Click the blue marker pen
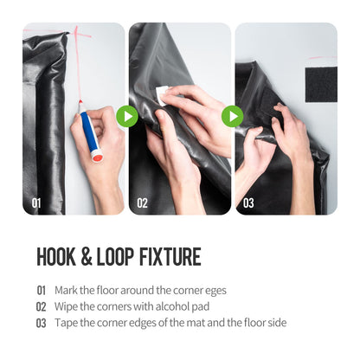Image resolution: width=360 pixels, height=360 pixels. tap(89, 132)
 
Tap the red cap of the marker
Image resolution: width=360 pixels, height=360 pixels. tap(97, 157)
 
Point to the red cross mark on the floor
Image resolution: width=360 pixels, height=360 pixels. tap(77, 36)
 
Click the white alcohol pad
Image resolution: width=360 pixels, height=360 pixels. tap(162, 95)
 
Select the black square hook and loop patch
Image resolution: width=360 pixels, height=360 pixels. tap(321, 84)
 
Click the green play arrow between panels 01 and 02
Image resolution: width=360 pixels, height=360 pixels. tap(127, 116)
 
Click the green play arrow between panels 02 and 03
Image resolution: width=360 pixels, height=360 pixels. tap(233, 116)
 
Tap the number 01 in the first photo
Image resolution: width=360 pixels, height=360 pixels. tap(36, 203)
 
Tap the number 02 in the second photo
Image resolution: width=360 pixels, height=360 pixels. tap(142, 203)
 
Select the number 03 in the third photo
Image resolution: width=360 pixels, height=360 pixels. tap(248, 203)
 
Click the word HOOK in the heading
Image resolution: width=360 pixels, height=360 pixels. tap(56, 256)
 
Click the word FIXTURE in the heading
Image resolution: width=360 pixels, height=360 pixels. tap(170, 256)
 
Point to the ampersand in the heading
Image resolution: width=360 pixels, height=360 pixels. tap(87, 256)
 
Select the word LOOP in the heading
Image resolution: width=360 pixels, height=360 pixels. tap(115, 256)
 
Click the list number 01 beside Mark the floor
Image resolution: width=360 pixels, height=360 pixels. tap(42, 291)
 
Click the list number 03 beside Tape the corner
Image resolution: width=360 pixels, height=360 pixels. tap(42, 323)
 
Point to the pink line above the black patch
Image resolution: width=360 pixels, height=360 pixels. tap(323, 58)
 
